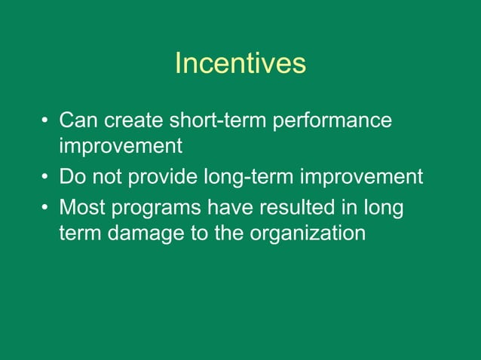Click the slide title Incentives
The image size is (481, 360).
point(240,64)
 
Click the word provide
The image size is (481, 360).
point(163,177)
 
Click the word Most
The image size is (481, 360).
point(81,206)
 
